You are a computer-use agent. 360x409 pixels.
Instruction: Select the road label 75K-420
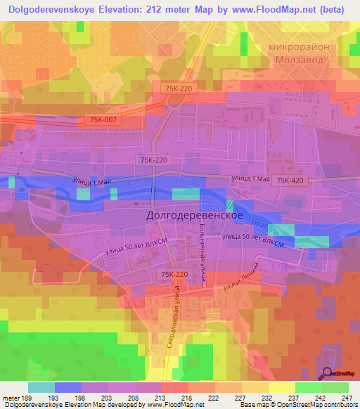pos(290,181)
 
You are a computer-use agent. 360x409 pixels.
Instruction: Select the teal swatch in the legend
pos(41,387)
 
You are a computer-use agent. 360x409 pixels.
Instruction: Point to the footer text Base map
pos(250,405)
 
